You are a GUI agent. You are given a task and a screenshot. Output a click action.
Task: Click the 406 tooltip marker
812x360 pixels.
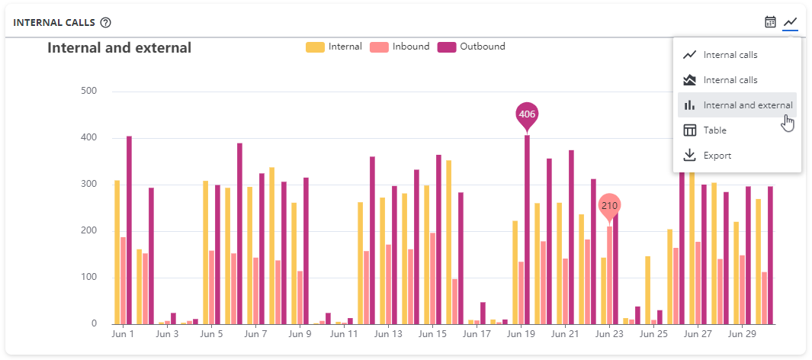(x=527, y=114)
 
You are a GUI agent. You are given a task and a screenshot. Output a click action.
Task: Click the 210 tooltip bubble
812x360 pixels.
(x=609, y=205)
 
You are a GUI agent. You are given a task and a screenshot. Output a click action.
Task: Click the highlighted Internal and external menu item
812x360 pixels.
(x=737, y=105)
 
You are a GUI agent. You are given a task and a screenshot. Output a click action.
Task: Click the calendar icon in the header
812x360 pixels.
(x=770, y=22)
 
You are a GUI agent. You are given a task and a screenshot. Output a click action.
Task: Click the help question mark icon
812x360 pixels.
(x=106, y=22)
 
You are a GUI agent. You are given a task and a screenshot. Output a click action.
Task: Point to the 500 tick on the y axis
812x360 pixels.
(x=89, y=92)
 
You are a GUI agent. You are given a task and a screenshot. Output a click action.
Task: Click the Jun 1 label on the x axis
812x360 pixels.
(x=123, y=333)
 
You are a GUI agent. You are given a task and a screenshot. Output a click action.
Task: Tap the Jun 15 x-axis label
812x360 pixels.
(x=432, y=333)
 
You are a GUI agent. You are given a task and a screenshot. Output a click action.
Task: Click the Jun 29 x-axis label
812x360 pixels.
(x=742, y=333)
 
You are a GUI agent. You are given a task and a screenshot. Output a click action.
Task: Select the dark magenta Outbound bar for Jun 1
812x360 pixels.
(x=129, y=230)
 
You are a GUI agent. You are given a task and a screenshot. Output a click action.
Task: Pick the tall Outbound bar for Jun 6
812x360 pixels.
(x=239, y=233)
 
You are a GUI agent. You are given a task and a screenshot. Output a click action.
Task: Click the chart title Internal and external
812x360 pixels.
(x=119, y=48)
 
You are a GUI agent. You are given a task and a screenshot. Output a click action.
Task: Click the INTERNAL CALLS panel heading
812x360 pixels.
(x=53, y=22)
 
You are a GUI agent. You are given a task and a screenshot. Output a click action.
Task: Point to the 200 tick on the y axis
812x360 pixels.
(x=89, y=231)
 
